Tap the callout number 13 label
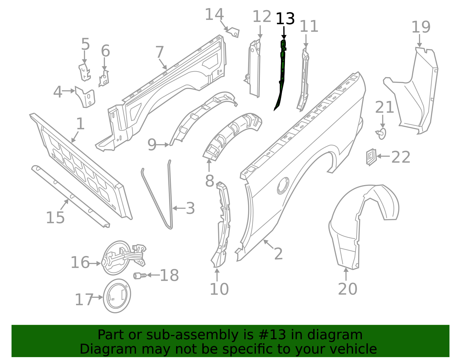tap(285, 19)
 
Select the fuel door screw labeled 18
tap(140, 276)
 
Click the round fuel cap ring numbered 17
tap(117, 296)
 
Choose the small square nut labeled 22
tap(371, 157)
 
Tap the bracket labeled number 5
tap(84, 72)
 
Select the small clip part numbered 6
tap(104, 79)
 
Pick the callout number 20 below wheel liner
tap(347, 289)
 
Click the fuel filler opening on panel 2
tap(283, 186)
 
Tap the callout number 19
tap(421, 27)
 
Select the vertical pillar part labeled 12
tap(255, 69)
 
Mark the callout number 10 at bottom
tap(219, 289)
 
